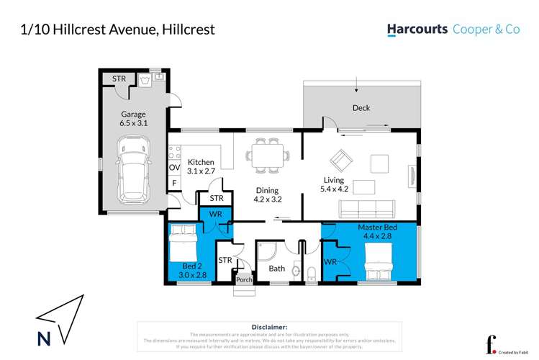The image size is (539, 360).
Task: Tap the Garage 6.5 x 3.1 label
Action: [134, 119]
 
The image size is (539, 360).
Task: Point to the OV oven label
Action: [173, 168]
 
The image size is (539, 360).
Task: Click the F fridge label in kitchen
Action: [173, 184]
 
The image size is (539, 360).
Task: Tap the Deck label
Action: [361, 108]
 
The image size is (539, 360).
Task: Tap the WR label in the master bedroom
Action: [331, 261]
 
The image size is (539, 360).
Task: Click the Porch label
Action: [244, 279]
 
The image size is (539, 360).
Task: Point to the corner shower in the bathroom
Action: [268, 249]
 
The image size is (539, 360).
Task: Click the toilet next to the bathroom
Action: [310, 273]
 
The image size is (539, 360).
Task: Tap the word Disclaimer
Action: [270, 327]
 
